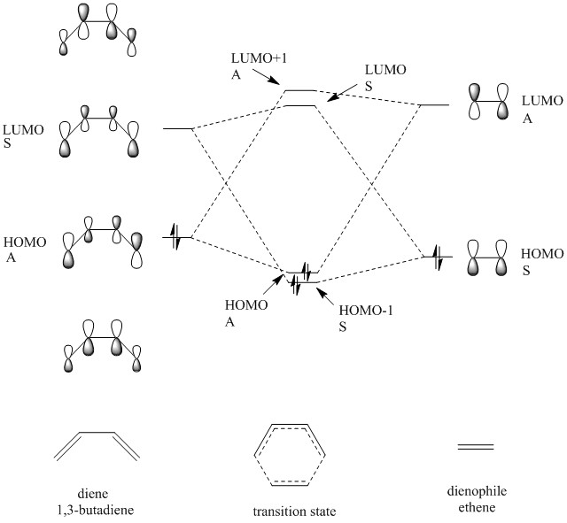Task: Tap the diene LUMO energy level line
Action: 178,129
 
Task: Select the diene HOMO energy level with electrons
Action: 177,238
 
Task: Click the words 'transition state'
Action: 284,511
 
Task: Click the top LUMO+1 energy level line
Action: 299,90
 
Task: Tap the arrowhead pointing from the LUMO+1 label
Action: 281,87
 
